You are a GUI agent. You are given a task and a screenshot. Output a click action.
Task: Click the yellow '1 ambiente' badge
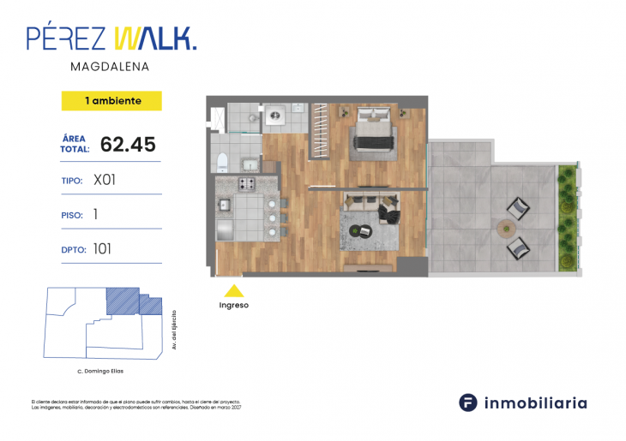[x=111, y=101]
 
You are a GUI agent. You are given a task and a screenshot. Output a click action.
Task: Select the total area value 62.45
[x=128, y=144]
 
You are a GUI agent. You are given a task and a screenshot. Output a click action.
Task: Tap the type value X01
[x=105, y=181]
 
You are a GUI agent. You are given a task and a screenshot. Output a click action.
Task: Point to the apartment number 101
[x=104, y=250]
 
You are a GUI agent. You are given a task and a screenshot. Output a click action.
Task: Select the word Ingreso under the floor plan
[x=233, y=305]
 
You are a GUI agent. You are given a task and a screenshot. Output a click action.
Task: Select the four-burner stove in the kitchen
[x=247, y=183]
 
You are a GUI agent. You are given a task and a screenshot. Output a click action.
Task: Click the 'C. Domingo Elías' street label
[x=100, y=371]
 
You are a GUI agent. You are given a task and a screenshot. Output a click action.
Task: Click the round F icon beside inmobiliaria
[x=467, y=402]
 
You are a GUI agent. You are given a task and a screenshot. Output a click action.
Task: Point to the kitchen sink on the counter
[x=225, y=205]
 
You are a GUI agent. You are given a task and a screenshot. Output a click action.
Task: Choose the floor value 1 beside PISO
[x=95, y=216]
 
